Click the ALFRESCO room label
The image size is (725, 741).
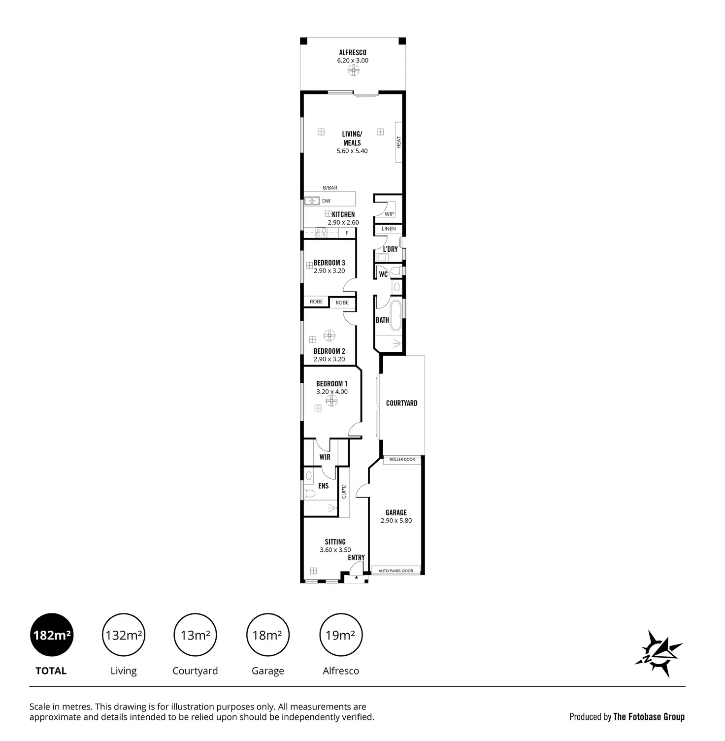(x=352, y=52)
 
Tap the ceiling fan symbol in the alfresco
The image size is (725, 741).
(x=353, y=72)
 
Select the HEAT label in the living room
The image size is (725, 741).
(x=399, y=142)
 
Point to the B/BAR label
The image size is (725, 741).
(x=330, y=188)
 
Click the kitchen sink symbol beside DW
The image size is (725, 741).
(x=311, y=201)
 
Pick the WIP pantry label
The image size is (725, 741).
(x=389, y=214)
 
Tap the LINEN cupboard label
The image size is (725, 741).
(x=389, y=229)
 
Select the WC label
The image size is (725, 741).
(x=383, y=274)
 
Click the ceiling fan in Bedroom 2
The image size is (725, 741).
(x=330, y=336)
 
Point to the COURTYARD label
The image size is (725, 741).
(x=401, y=403)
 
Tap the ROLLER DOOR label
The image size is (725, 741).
(x=402, y=460)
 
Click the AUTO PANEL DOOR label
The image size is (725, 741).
(x=395, y=571)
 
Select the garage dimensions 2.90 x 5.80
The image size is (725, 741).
(x=396, y=520)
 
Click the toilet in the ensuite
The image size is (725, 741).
(x=309, y=493)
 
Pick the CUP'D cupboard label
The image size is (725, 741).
(x=344, y=491)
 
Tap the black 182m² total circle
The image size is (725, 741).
(x=52, y=635)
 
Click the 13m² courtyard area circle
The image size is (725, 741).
(x=196, y=635)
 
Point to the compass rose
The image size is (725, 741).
(x=659, y=653)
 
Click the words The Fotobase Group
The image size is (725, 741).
(x=649, y=717)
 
